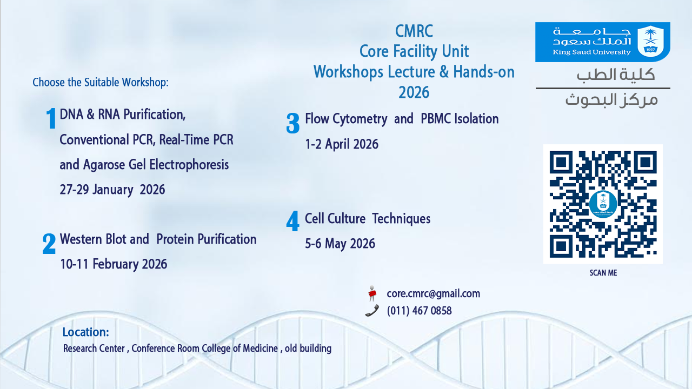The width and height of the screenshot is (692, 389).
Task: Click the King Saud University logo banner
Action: tap(602, 42)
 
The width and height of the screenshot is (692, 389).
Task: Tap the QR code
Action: tap(603, 204)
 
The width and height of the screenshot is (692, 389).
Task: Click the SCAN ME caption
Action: tap(603, 273)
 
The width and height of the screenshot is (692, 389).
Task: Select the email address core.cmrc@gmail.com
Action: tap(434, 293)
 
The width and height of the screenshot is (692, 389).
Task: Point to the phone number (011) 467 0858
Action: tap(419, 311)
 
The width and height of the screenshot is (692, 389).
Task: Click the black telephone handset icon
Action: tap(372, 311)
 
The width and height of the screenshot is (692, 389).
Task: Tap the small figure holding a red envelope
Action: tap(372, 293)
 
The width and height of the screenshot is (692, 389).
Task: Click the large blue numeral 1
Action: tap(51, 118)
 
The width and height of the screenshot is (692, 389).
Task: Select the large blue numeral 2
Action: tap(49, 244)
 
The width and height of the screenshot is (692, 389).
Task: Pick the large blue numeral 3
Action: tap(293, 123)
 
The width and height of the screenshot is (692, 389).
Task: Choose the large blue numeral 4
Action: tap(293, 221)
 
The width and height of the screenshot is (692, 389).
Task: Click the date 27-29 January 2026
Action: tap(112, 190)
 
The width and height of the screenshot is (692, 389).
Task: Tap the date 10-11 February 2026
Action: tap(114, 264)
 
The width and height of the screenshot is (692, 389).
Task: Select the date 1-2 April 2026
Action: tap(342, 144)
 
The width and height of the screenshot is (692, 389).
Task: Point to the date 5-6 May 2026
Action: tap(340, 244)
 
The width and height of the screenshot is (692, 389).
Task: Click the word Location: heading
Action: tap(86, 332)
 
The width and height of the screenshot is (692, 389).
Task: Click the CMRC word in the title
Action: tap(414, 31)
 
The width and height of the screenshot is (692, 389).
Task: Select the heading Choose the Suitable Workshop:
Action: tap(101, 83)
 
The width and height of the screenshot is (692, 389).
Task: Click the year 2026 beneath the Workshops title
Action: tap(414, 92)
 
